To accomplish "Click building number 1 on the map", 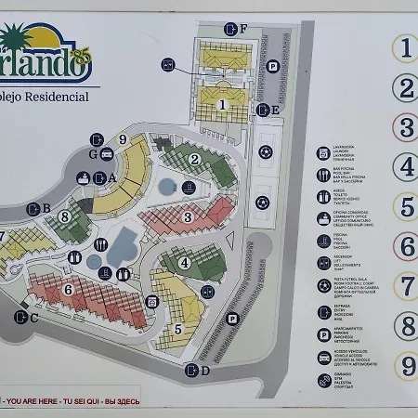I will coord(222,105).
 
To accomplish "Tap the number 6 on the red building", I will coord(68,290).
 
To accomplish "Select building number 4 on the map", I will coord(184,263).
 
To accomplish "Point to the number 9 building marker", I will coord(122,140).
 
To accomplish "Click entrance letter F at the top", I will coord(243,29).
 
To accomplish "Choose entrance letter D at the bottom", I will coord(205,371).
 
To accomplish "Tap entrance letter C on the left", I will coord(34,318).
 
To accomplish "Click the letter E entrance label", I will coord(276,111).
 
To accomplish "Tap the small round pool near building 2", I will coord(165,186).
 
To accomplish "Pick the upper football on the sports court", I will coord(266,149).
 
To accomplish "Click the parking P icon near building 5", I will coord(231,319).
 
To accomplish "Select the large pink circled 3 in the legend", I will coord(405,125).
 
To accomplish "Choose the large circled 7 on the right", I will coord(405,285).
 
